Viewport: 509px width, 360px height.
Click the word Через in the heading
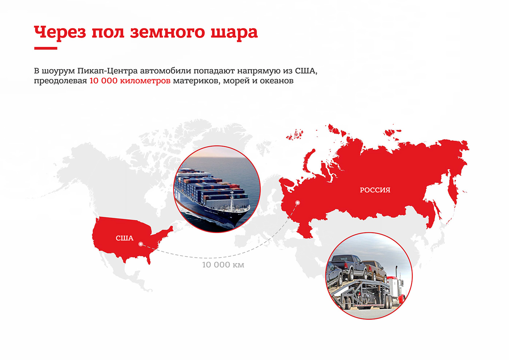[60, 33]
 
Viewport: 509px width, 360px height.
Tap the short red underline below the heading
[46, 48]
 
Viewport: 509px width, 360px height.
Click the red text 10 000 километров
[130, 81]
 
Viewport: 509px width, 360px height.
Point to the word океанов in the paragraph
[277, 81]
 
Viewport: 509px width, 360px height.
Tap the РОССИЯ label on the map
[375, 190]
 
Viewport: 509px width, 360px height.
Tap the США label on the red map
[124, 238]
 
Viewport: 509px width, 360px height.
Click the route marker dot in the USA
[141, 244]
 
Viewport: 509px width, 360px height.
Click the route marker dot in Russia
[298, 203]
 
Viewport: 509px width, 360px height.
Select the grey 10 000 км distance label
[223, 265]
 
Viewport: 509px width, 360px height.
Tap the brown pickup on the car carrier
[374, 271]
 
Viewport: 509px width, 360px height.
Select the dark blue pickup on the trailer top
[347, 265]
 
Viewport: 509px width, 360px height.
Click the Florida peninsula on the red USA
[148, 258]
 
